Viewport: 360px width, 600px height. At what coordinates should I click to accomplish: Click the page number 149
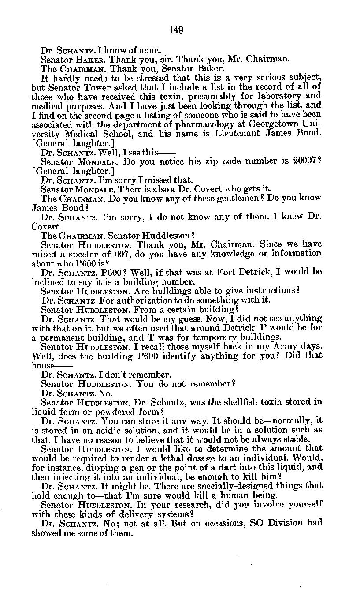pos(176,30)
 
